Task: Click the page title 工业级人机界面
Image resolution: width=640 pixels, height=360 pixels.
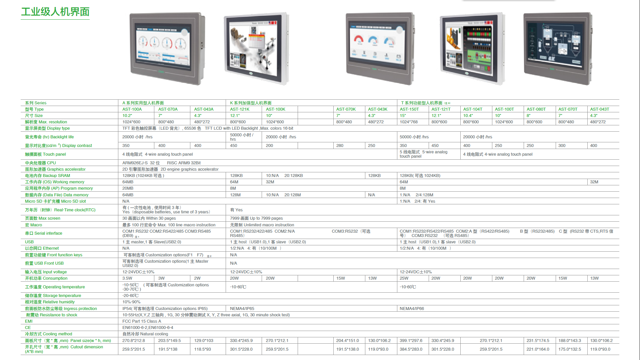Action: pos(55,12)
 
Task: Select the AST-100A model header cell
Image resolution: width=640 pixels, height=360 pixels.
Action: pos(132,109)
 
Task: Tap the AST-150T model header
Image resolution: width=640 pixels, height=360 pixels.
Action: pos(409,109)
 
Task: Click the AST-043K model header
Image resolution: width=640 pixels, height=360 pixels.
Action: pos(378,109)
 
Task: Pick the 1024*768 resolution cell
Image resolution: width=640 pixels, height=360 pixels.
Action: pos(409,122)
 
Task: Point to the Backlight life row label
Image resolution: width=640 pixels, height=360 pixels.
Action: pos(49,137)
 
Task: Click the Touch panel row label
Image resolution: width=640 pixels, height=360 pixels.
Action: pos(45,154)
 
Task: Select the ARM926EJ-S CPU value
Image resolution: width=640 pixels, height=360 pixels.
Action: pos(141,163)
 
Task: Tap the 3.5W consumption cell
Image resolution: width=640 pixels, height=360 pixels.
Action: pos(127,278)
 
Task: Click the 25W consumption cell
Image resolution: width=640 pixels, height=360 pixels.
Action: pos(404,278)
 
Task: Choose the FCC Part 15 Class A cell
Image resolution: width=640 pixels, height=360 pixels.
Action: pos(142,321)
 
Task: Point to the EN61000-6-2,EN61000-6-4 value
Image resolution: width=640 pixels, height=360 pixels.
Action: pos(148,328)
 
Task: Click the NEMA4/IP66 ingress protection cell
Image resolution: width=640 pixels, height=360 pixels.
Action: pos(412,309)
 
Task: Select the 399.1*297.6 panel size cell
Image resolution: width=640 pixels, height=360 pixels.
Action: pos(411,341)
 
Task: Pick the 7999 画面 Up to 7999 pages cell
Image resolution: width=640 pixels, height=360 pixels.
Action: pos(256,218)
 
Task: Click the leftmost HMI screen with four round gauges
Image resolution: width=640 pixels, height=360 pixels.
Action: pos(167,48)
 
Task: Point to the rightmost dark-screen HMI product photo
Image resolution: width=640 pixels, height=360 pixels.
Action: pos(558,48)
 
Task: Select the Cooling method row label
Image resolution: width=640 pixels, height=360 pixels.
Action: pos(48,334)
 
